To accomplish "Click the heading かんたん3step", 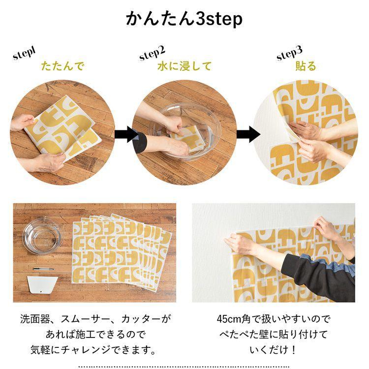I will [184, 19].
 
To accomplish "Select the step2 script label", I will [152, 52].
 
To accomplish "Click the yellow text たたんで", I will [62, 66].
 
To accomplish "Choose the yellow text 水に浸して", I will [184, 66].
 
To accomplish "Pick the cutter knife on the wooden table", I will [43, 269].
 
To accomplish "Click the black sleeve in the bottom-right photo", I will [320, 276].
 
